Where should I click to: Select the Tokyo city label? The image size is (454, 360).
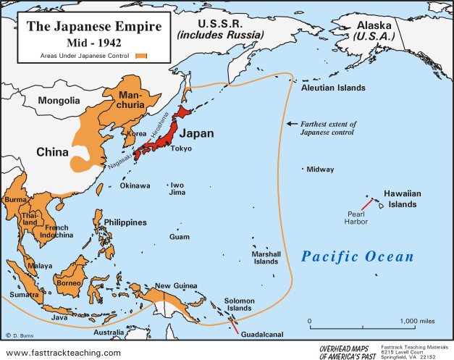(181, 148)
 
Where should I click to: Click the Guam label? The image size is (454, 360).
(179, 237)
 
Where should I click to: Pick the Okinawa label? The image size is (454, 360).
(135, 186)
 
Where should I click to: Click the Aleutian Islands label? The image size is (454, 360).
(333, 88)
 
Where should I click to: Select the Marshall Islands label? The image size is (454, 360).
(266, 259)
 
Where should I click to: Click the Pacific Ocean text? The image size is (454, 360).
(358, 257)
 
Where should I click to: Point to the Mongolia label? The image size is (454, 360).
(59, 101)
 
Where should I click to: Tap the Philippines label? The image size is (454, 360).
(125, 222)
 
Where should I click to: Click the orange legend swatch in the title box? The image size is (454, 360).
(140, 54)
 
